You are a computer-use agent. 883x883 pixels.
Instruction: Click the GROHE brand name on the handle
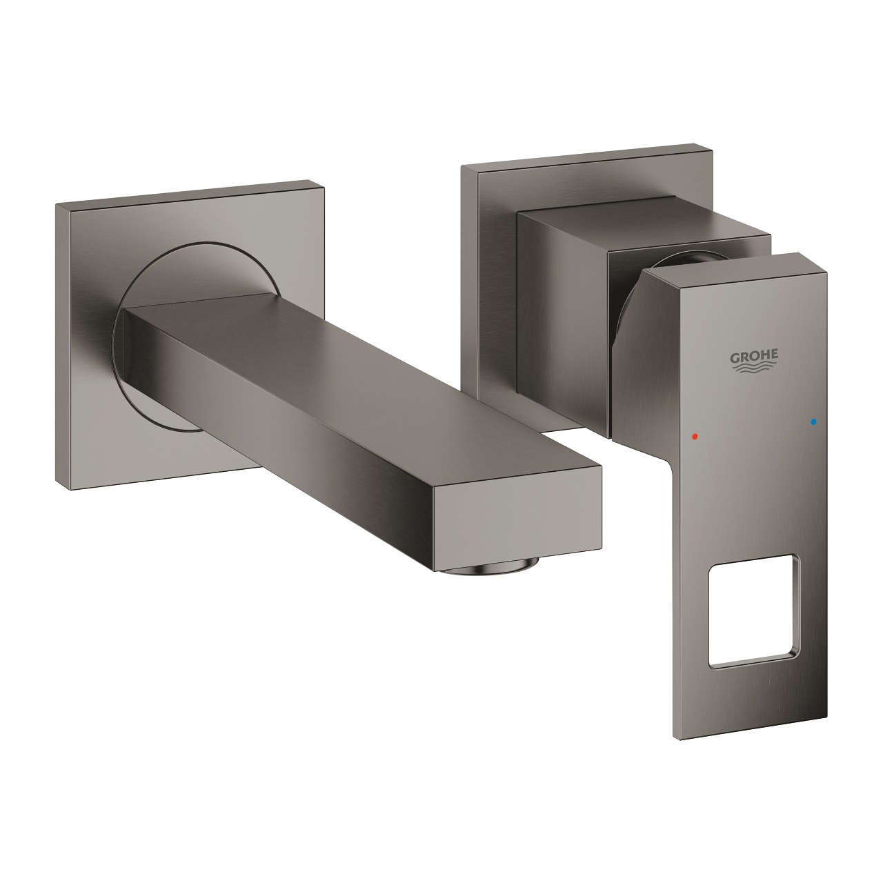pos(755,355)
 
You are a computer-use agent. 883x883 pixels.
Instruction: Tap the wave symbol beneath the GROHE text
pos(755,368)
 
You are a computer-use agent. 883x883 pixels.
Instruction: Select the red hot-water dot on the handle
pos(694,437)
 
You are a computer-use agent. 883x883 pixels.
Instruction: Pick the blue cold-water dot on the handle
pos(814,420)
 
